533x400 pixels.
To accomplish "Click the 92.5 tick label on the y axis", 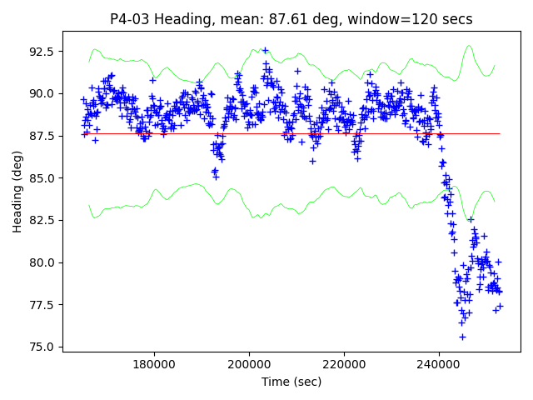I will coord(42,51).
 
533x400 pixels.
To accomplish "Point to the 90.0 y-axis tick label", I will coord(42,93).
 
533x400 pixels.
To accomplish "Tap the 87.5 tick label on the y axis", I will coord(42,136).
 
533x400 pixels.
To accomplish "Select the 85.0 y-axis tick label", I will coord(42,177).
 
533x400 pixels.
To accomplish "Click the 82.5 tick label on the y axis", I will coord(42,220).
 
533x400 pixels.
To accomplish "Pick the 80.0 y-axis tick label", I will coord(42,262).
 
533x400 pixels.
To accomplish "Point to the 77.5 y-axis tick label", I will coord(42,305).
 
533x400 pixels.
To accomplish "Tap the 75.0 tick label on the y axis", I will coord(42,347).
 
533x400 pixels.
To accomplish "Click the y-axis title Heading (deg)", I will coord(17,197).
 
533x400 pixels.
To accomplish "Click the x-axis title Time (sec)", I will coord(291,382).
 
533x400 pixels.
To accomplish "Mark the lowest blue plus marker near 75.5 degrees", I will coord(462,337).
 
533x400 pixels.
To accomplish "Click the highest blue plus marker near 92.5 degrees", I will coord(265,50).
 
